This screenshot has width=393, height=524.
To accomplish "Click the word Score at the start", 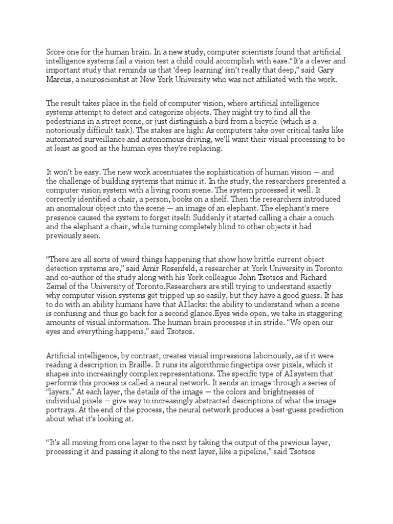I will coord(55,51).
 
